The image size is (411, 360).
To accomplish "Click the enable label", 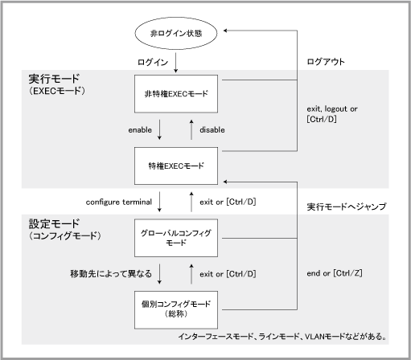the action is (x=140, y=130).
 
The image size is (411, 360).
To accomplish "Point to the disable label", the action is (x=212, y=130).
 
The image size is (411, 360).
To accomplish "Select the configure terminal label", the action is (x=119, y=202).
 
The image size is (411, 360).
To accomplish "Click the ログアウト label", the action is (x=326, y=62).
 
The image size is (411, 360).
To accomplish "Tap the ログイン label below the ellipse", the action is (x=153, y=63).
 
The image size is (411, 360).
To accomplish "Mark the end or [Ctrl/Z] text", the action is (x=335, y=273).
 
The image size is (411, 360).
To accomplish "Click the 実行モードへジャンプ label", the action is (x=347, y=207).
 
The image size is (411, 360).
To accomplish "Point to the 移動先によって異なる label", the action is (x=111, y=274).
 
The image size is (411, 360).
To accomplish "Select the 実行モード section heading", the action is (x=54, y=79).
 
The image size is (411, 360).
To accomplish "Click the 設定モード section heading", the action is (x=54, y=223).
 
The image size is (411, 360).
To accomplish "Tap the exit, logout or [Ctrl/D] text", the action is (x=332, y=114).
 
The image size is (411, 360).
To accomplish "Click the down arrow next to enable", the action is (x=159, y=129).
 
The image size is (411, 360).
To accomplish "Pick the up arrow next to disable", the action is (x=191, y=129).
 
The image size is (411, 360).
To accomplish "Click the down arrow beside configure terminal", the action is (x=159, y=202).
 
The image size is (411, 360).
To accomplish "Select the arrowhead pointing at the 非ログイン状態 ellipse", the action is (x=225, y=31).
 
